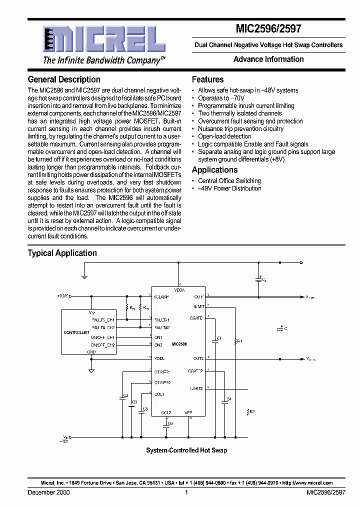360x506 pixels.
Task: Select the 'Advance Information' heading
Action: (x=268, y=59)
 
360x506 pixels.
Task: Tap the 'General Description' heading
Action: (x=64, y=79)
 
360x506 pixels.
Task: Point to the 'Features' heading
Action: (x=207, y=79)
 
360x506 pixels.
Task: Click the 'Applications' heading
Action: (x=214, y=170)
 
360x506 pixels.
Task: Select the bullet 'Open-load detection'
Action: (x=224, y=136)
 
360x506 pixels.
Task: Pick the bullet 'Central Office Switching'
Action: (x=229, y=181)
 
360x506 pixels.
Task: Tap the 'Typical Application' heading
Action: (x=62, y=253)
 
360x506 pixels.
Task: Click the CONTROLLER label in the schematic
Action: (x=76, y=332)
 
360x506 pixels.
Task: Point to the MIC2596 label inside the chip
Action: (x=179, y=344)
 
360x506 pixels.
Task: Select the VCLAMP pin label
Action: (x=161, y=296)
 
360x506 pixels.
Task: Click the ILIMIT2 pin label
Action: (x=196, y=388)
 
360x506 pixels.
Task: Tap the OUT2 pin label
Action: (x=198, y=358)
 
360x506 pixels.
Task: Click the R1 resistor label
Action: (x=239, y=341)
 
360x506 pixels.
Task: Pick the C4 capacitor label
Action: (x=229, y=399)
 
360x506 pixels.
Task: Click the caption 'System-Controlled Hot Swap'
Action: (x=186, y=450)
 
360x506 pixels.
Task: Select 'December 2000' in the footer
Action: (x=48, y=492)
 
